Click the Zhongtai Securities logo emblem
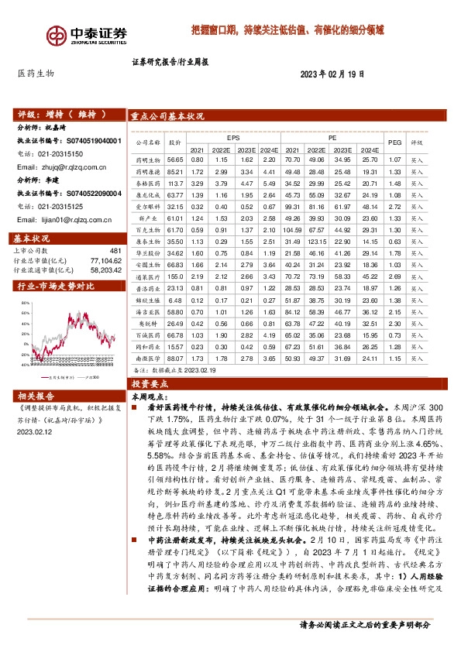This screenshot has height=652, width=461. pyautogui.click(x=57, y=35)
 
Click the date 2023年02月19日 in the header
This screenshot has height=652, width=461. pyautogui.click(x=332, y=74)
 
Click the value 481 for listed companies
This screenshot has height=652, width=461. pyautogui.click(x=116, y=251)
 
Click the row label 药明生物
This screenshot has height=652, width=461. pyautogui.click(x=146, y=159)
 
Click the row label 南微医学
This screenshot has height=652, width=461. pyautogui.click(x=146, y=359)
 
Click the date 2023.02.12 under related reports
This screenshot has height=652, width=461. pyautogui.click(x=36, y=434)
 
